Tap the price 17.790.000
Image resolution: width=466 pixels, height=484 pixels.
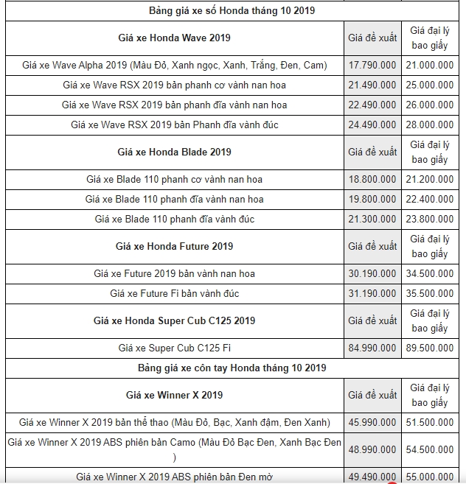pyautogui.click(x=372, y=66)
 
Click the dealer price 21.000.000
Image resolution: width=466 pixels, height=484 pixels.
pyautogui.click(x=429, y=66)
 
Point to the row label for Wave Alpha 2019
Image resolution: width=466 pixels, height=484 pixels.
pyautogui.click(x=174, y=66)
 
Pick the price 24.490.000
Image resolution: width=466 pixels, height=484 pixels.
pyautogui.click(x=372, y=125)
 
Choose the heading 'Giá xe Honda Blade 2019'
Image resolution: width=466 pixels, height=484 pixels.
pyautogui.click(x=174, y=152)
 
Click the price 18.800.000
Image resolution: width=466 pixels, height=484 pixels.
pyautogui.click(x=372, y=180)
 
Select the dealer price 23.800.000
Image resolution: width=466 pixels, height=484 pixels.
pyautogui.click(x=429, y=220)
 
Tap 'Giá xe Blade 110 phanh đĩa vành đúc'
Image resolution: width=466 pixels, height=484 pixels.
pyautogui.click(x=174, y=220)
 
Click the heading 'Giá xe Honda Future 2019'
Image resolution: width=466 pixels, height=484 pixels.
pyautogui.click(x=174, y=246)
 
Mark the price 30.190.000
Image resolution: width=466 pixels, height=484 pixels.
pyautogui.click(x=372, y=274)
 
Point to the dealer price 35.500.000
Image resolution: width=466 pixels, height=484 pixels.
pyautogui.click(x=429, y=294)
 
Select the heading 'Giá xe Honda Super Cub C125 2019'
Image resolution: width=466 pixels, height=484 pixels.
pyautogui.click(x=174, y=320)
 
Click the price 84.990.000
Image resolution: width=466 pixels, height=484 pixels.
pyautogui.click(x=372, y=348)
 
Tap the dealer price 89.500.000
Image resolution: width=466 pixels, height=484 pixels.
pyautogui.click(x=429, y=348)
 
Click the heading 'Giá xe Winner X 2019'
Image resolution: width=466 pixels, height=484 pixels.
pyautogui.click(x=174, y=395)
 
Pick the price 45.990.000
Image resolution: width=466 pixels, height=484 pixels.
pyautogui.click(x=372, y=423)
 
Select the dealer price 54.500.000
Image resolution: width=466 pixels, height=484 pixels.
pyautogui.click(x=429, y=449)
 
